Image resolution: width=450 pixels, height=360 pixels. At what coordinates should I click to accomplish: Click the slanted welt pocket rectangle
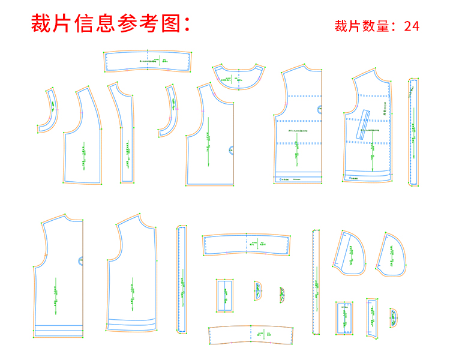coord(364,125)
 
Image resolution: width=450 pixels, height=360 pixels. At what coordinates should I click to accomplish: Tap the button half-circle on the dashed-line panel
coord(319,109)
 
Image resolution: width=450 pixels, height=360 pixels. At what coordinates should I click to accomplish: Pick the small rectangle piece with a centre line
coord(225,295)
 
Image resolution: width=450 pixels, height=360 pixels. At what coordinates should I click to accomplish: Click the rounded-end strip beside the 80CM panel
coord(413,132)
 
